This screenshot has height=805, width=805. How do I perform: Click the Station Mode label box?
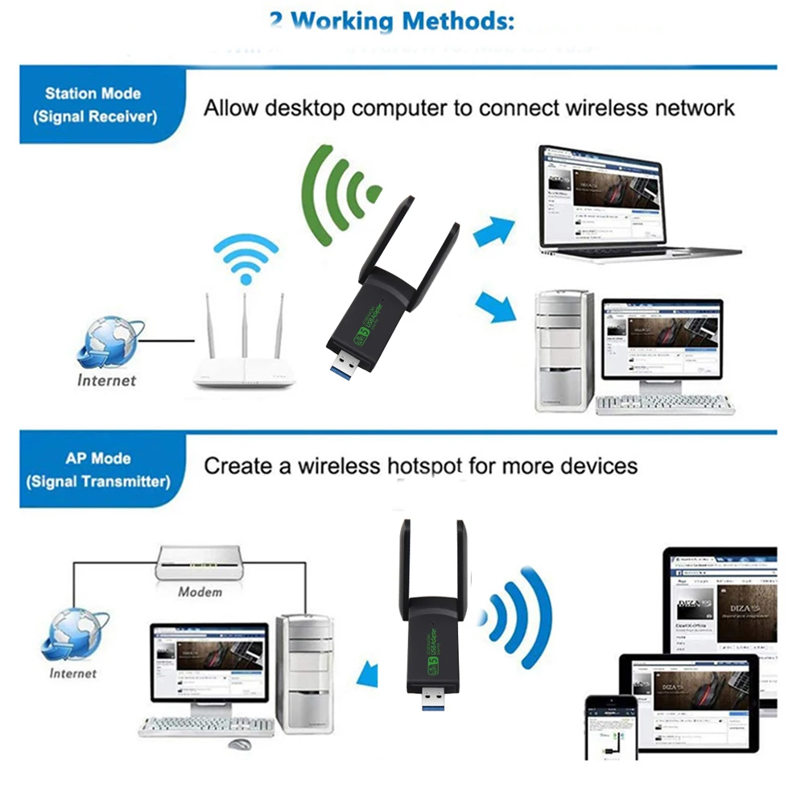coord(95,105)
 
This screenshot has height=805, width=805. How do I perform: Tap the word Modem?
coord(200,592)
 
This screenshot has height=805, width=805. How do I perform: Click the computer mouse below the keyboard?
coord(239,745)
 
